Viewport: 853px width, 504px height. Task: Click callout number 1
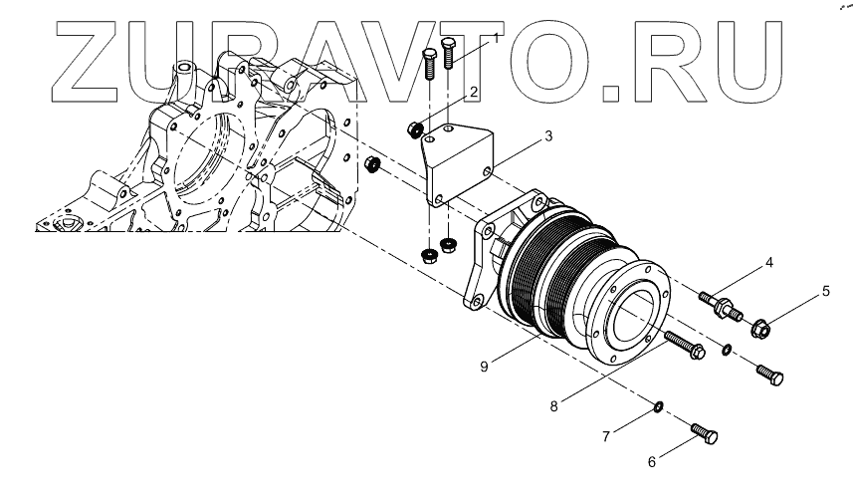[x=495, y=38]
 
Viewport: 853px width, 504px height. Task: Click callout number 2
[x=474, y=93]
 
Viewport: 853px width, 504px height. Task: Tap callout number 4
[x=768, y=264]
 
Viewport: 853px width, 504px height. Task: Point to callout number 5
[x=825, y=293]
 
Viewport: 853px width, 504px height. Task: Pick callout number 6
[x=653, y=462]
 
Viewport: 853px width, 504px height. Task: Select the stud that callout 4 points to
[x=720, y=304]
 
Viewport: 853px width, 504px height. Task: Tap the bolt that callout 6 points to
[x=704, y=434]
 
